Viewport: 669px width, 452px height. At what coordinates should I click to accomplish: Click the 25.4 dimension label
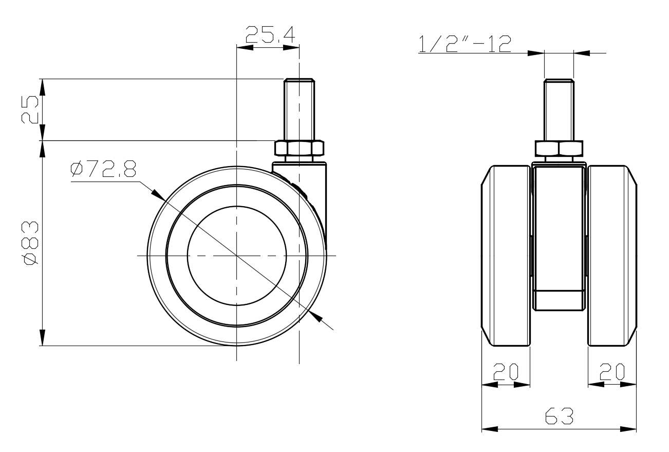(269, 34)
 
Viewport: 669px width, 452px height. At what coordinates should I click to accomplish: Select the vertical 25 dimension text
(30, 109)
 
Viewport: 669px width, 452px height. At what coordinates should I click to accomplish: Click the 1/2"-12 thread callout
(465, 44)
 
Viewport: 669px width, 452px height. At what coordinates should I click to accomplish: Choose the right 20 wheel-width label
(611, 371)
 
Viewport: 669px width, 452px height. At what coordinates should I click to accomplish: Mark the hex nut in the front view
(559, 149)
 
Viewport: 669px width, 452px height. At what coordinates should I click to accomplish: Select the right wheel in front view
(611, 256)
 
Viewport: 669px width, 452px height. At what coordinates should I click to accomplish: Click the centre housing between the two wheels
(559, 237)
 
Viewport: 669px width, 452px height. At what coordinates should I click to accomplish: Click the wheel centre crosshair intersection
(236, 256)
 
